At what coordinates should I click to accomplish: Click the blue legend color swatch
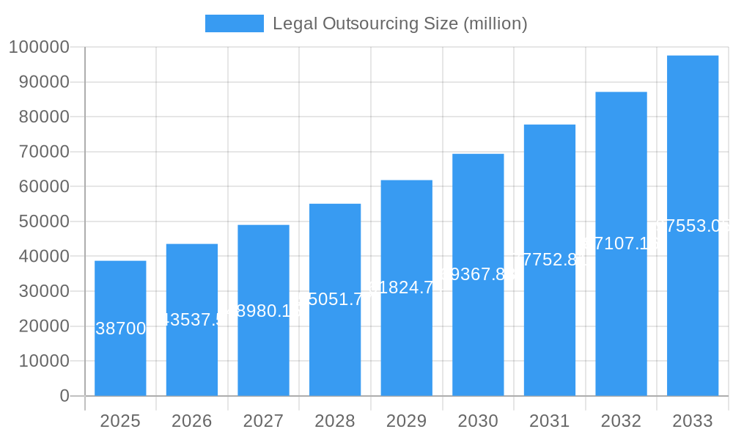pos(234,23)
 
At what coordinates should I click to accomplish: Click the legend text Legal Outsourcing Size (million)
pos(399,23)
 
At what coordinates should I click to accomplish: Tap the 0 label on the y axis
pos(64,396)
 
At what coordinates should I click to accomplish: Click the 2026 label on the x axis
pos(191,421)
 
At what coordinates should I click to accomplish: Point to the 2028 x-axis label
pos(335,421)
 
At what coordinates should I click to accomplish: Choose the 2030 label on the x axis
pos(478,421)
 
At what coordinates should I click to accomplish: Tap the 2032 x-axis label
pos(621,421)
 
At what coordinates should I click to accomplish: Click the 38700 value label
pos(121,329)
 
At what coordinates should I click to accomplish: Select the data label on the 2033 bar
pos(692,226)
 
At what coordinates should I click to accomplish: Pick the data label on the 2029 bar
pos(406,287)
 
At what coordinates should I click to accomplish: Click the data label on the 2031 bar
pos(549,260)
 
